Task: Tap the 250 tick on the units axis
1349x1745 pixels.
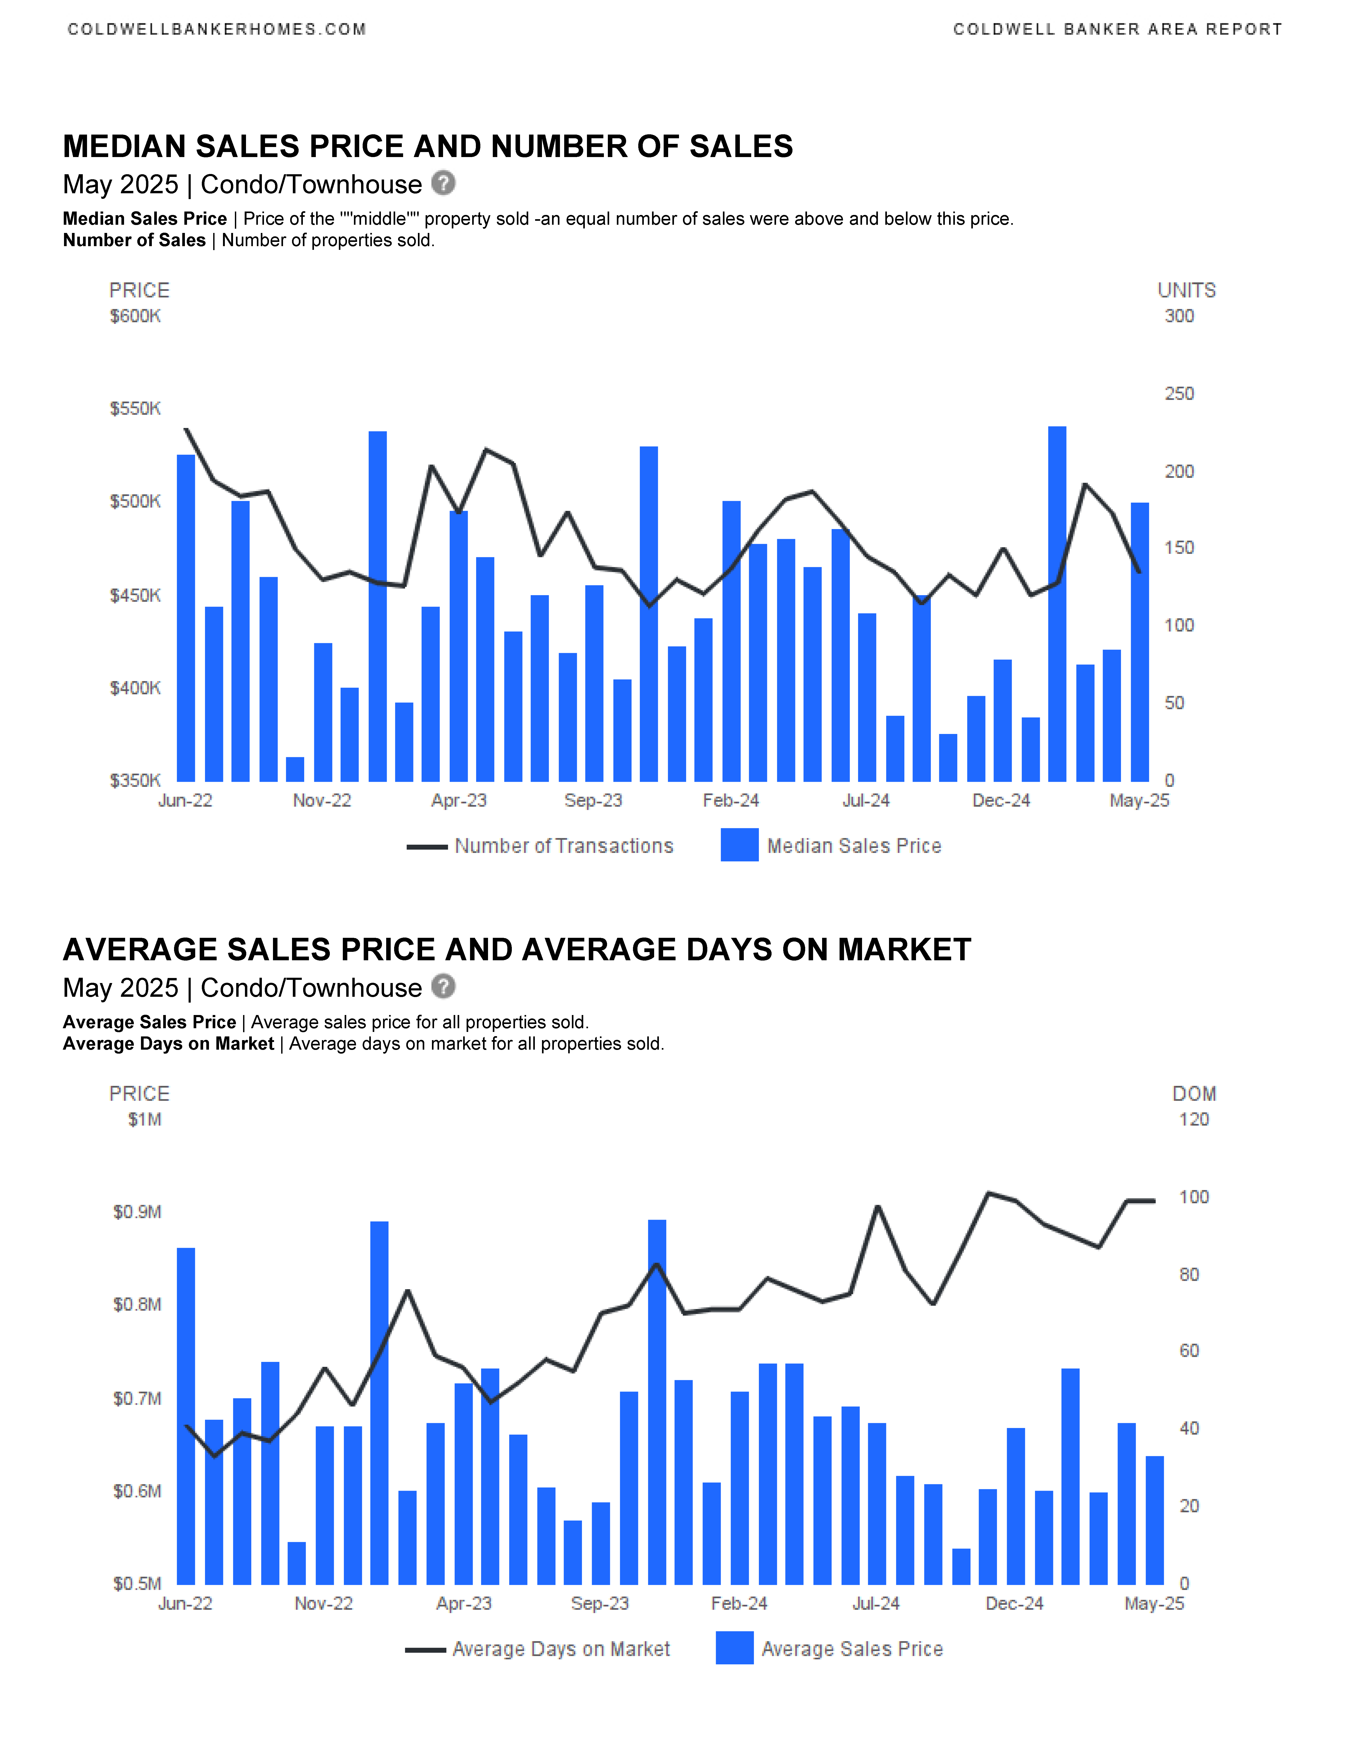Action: (x=1179, y=394)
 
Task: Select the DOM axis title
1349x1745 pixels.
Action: (x=1194, y=1094)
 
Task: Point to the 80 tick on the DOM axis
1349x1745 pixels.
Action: (x=1189, y=1274)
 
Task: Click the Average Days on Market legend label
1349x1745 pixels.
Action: (x=561, y=1649)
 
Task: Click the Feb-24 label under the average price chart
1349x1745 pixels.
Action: (x=739, y=1604)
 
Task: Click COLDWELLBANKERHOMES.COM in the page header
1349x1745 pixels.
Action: (x=217, y=30)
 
